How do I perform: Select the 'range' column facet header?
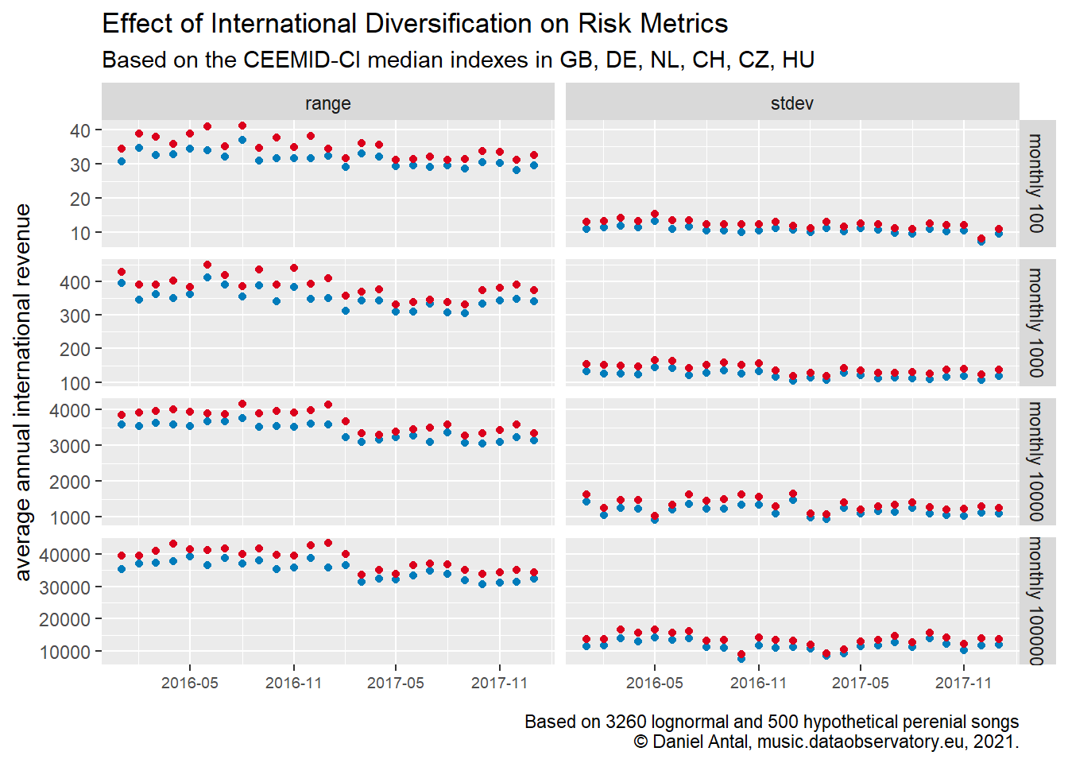click(x=327, y=103)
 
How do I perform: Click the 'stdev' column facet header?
click(x=791, y=103)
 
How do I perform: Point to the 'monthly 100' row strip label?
click(x=1036, y=184)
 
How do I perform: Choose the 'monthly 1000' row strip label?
click(x=1036, y=322)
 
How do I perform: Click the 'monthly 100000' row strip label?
click(x=1036, y=601)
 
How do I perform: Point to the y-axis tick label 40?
click(x=80, y=130)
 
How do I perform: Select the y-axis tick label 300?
click(x=75, y=316)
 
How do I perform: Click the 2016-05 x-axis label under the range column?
click(x=189, y=684)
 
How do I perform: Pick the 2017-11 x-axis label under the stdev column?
click(x=963, y=684)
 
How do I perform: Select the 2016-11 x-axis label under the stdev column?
click(x=758, y=684)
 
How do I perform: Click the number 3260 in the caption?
click(x=623, y=722)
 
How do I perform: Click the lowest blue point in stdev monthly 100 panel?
click(x=981, y=241)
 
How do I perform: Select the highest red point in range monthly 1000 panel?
click(x=207, y=265)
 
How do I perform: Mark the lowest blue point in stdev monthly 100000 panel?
click(x=741, y=658)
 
